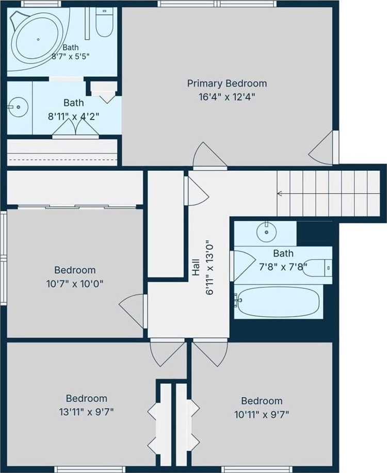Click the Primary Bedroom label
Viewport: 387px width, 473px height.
click(227, 83)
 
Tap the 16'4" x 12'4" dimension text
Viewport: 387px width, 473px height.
click(227, 97)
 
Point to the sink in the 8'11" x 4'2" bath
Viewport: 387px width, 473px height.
click(18, 107)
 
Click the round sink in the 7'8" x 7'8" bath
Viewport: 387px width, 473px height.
click(267, 232)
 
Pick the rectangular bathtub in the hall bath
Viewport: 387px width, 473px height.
click(278, 302)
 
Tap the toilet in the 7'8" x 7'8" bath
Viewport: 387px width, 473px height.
click(317, 268)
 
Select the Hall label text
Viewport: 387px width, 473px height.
click(196, 267)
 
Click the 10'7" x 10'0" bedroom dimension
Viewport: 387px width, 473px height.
click(75, 284)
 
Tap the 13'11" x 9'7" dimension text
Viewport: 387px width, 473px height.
click(87, 412)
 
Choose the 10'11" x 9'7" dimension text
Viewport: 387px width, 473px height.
click(262, 415)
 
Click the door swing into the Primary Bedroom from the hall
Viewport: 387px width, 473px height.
click(210, 155)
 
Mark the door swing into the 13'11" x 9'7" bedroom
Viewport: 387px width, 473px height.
click(168, 353)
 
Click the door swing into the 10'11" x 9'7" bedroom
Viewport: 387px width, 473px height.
click(211, 353)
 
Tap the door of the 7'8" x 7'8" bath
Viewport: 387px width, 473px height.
click(243, 266)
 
